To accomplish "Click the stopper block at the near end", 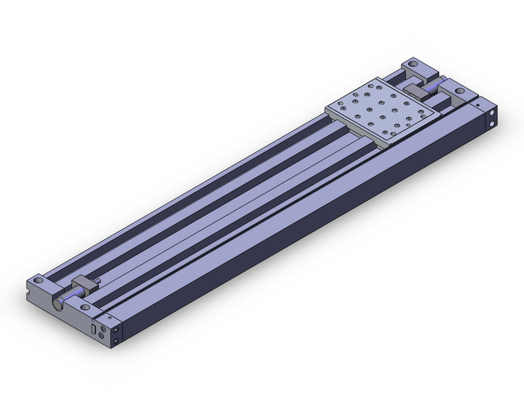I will tap(85, 284).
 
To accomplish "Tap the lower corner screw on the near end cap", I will tap(117, 341).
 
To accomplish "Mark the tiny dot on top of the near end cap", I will tap(110, 315).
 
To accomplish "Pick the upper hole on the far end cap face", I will tap(492, 112).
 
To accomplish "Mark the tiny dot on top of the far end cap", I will tap(476, 103).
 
